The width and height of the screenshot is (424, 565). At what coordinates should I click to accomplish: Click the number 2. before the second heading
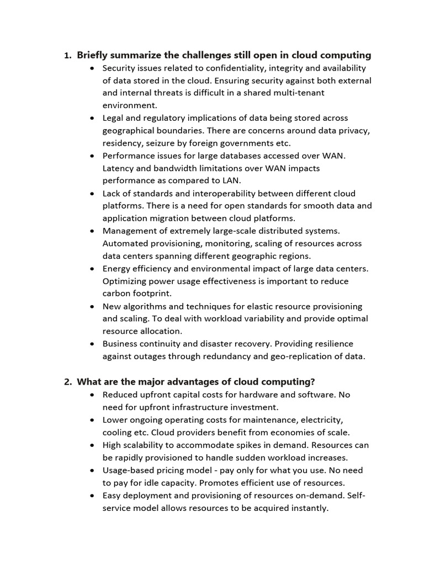pos(68,382)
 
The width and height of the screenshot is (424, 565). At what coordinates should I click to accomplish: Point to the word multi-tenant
pos(298,93)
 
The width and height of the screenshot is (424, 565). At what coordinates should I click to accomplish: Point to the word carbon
pos(116,294)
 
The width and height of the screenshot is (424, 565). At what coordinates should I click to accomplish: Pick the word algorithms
pos(145,306)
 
